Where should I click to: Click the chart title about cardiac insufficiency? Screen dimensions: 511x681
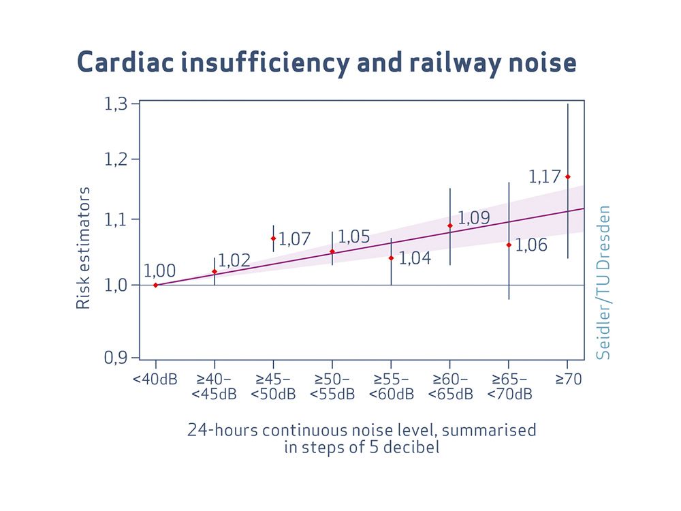click(327, 62)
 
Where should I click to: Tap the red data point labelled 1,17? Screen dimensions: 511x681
click(568, 176)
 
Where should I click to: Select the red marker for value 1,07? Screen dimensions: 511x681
click(273, 238)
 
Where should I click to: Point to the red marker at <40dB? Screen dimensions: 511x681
click(155, 285)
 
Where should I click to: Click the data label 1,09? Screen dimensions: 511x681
click(473, 218)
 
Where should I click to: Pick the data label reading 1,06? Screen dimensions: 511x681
click(531, 245)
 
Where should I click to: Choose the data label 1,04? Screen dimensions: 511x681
click(414, 258)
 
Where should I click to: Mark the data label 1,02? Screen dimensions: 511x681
click(234, 260)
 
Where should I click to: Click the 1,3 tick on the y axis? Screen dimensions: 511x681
click(116, 104)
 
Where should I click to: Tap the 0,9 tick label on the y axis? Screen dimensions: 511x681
click(116, 358)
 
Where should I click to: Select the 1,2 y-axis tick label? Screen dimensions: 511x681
click(116, 159)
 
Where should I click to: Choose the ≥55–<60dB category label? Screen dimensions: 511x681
click(391, 387)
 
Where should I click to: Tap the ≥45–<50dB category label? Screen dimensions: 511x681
click(273, 387)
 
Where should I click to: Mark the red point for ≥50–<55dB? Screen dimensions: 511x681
click(332, 251)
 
